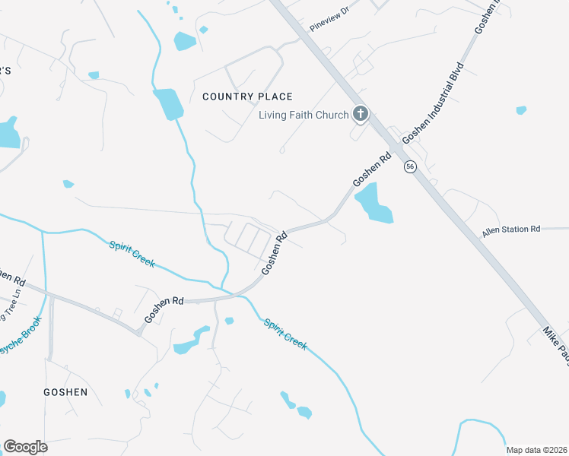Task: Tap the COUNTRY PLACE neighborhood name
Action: (x=247, y=97)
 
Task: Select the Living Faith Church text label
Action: (x=304, y=115)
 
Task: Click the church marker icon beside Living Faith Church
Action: (x=361, y=115)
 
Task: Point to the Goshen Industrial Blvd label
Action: (x=433, y=102)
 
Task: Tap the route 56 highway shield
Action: (x=411, y=166)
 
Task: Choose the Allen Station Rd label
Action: (x=510, y=229)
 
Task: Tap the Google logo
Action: (x=25, y=447)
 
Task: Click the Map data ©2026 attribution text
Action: (x=536, y=450)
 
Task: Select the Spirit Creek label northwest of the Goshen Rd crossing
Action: (x=132, y=254)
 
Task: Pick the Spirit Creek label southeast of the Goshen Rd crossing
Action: (x=285, y=334)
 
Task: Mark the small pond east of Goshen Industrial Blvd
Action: (x=521, y=110)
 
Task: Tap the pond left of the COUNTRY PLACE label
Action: (x=168, y=104)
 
